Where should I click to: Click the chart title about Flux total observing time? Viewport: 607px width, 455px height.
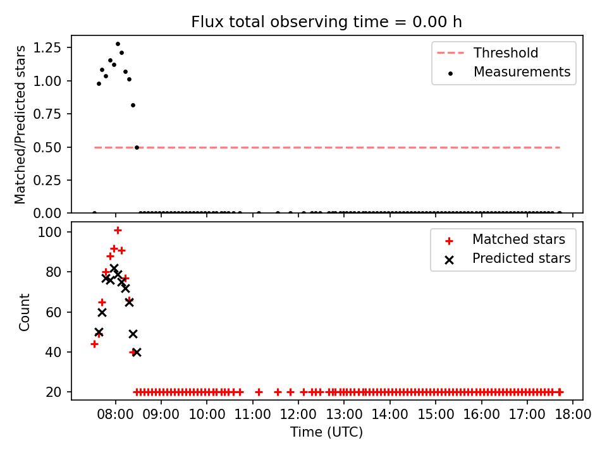point(326,21)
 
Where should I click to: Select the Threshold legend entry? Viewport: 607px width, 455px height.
point(487,52)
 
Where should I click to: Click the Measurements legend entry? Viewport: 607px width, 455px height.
point(510,72)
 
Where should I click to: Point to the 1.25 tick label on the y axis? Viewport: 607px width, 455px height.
point(47,47)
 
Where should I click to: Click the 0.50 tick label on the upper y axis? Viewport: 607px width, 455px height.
point(47,147)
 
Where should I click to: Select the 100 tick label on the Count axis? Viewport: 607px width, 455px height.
point(49,232)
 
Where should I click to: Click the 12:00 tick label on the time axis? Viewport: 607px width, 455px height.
point(298,415)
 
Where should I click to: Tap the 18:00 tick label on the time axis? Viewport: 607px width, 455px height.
point(573,415)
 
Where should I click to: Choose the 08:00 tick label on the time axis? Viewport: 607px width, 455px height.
point(115,415)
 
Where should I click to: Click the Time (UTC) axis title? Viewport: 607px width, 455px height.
point(327,432)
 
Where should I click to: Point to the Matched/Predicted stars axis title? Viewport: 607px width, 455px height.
point(20,124)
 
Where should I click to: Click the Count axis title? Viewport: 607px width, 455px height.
point(24,312)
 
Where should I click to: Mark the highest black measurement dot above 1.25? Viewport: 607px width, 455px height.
point(118,44)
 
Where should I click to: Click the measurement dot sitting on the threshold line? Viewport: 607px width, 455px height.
point(137,147)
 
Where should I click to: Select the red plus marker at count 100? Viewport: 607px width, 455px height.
point(118,231)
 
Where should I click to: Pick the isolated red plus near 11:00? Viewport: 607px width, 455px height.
point(259,392)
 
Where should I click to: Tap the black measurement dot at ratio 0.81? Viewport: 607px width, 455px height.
point(133,106)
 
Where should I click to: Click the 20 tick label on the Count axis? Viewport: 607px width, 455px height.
point(53,392)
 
